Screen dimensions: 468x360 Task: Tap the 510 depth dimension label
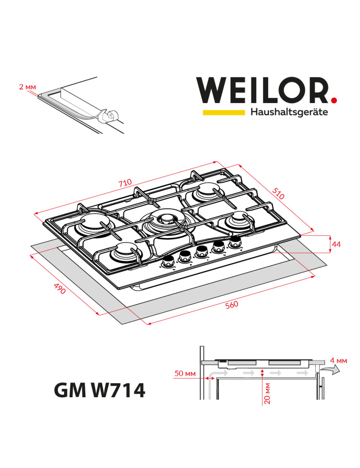[x=279, y=193]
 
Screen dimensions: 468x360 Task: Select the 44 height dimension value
[x=336, y=244]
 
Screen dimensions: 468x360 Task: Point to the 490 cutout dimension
[x=60, y=289]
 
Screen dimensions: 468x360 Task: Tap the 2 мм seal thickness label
[x=27, y=87]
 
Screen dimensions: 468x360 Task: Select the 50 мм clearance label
[x=185, y=374]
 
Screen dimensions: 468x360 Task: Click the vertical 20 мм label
[x=267, y=394]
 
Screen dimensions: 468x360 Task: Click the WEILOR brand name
[x=262, y=91]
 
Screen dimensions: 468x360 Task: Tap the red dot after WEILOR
[x=334, y=99]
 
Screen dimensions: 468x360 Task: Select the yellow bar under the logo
[x=223, y=112]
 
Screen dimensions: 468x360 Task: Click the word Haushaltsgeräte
[x=289, y=112]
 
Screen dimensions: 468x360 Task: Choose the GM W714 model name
[x=100, y=390]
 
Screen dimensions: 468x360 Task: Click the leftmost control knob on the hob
[x=168, y=262]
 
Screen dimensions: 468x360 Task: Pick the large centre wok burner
[x=166, y=219]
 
